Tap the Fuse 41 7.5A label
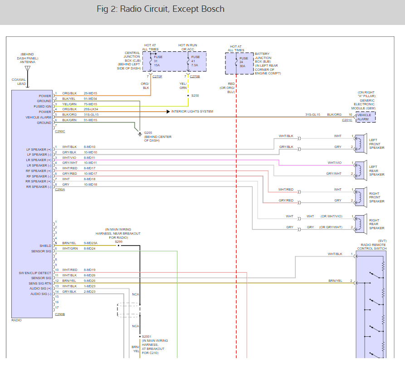click(x=195, y=61)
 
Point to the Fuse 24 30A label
click(x=244, y=62)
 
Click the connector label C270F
click(x=157, y=77)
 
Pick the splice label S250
click(x=195, y=96)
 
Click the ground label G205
click(x=148, y=133)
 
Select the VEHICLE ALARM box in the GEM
click(x=365, y=117)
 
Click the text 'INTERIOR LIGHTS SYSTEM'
click(x=192, y=111)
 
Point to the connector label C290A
click(x=60, y=190)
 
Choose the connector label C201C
click(x=347, y=120)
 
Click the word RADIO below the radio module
click(x=17, y=320)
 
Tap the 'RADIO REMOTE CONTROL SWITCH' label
click(x=372, y=246)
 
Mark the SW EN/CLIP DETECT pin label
click(x=35, y=273)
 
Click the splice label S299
click(x=119, y=241)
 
